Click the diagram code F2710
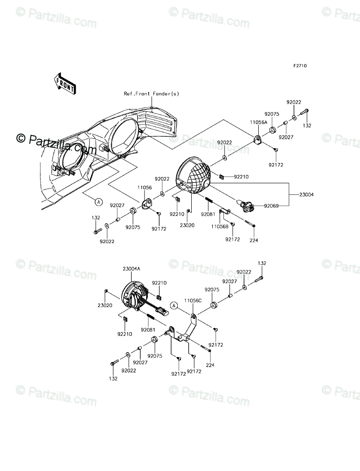(300, 66)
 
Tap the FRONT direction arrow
(65, 84)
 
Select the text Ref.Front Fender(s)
(152, 94)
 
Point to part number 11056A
(259, 122)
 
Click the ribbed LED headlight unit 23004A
(134, 297)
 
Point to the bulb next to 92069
(247, 207)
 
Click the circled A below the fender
(98, 202)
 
